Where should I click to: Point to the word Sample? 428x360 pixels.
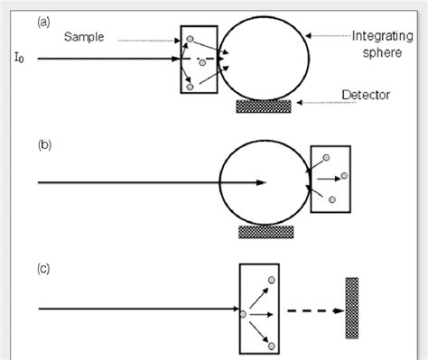click(x=83, y=38)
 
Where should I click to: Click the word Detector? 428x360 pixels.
click(x=367, y=94)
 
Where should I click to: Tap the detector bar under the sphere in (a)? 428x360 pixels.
click(x=264, y=106)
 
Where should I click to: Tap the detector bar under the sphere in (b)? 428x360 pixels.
click(x=266, y=232)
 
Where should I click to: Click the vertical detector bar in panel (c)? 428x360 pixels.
click(x=351, y=308)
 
